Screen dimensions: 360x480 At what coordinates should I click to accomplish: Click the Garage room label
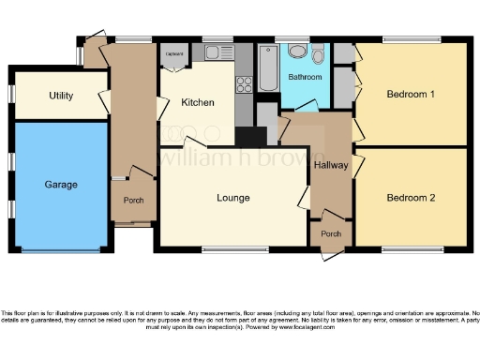point(60,185)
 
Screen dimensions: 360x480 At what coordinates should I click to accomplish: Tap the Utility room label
point(63,97)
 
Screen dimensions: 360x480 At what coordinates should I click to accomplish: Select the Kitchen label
point(198,103)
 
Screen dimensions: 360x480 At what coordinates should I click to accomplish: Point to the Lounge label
point(232,198)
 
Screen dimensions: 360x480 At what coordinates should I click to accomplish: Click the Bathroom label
point(305,76)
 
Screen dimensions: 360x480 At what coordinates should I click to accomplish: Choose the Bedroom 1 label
point(411,94)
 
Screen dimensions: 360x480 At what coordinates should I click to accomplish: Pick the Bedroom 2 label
point(411,198)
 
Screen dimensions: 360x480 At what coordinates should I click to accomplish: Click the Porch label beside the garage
point(132,201)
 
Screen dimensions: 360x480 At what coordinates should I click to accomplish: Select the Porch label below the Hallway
point(331,233)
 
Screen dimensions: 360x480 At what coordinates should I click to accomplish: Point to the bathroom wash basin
point(297,52)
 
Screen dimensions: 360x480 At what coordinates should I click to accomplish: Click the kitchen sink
point(218,52)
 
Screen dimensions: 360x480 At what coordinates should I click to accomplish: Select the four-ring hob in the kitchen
point(245,84)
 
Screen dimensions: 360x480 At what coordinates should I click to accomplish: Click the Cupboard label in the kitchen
point(174,54)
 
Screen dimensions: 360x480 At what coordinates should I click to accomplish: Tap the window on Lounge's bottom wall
point(228,248)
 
